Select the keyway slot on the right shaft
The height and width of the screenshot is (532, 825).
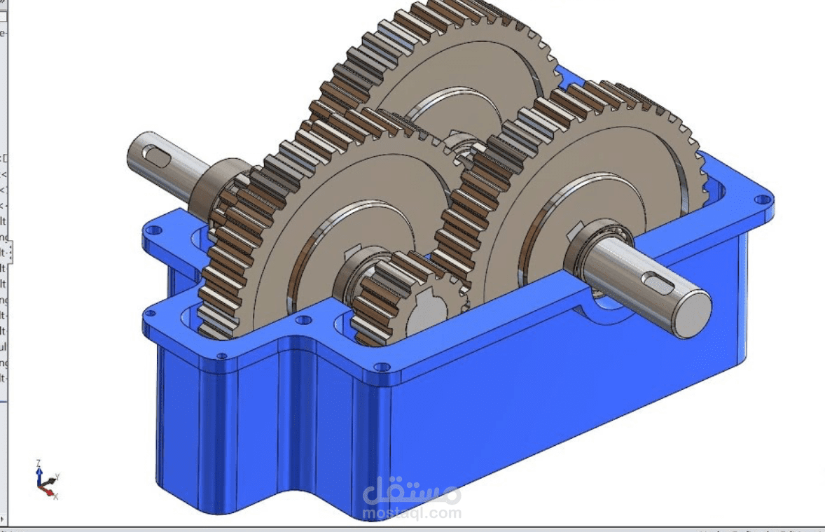pos(658,282)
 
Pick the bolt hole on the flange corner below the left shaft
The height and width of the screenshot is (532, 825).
pos(155,229)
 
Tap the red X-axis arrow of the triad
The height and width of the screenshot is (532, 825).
pos(50,491)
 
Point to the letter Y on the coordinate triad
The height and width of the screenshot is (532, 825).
pos(57,476)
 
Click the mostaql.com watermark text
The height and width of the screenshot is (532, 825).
pos(412,513)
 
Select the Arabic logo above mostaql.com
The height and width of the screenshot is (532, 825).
pos(412,491)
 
